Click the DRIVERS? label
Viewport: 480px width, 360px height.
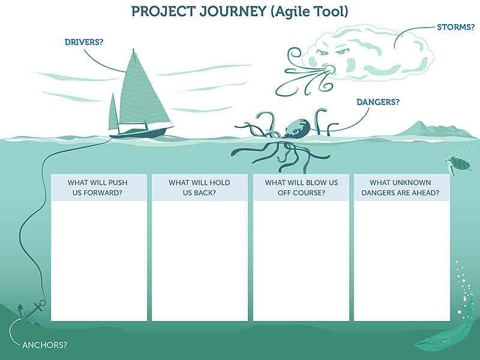pyautogui.click(x=84, y=42)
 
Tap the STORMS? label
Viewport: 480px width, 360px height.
pyautogui.click(x=455, y=27)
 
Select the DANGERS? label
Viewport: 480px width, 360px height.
pyautogui.click(x=378, y=102)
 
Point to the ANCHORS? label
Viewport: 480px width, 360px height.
pyautogui.click(x=44, y=345)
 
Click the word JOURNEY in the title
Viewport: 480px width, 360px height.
pyautogui.click(x=233, y=11)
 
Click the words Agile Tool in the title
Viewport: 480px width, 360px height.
pyautogui.click(x=310, y=12)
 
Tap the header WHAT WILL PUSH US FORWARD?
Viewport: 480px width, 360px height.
pyautogui.click(x=97, y=188)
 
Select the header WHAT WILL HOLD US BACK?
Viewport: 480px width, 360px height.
pyautogui.click(x=199, y=188)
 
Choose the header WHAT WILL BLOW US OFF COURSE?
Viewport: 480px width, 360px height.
pyautogui.click(x=301, y=188)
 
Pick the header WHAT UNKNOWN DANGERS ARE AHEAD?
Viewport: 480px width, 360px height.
pyautogui.click(x=400, y=188)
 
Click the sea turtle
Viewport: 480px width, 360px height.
pyautogui.click(x=458, y=164)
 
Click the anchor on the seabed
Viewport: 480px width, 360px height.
pyautogui.click(x=34, y=311)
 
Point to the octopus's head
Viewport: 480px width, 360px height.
pyautogui.click(x=297, y=128)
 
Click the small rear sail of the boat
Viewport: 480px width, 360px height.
pyautogui.click(x=113, y=113)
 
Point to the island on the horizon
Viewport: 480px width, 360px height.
pyautogui.click(x=434, y=131)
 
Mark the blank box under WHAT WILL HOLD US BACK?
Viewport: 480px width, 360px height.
pyautogui.click(x=200, y=261)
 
